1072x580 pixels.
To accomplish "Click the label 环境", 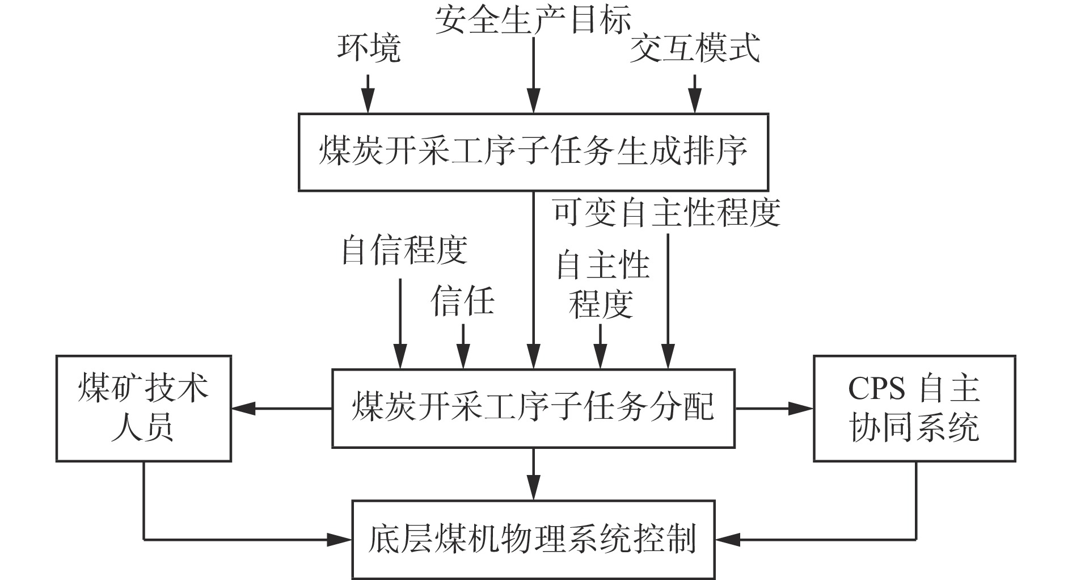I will tap(369, 48).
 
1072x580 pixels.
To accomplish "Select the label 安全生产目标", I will tap(533, 22).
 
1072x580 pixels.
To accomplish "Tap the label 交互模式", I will tap(695, 48).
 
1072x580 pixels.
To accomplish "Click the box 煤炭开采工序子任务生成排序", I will tap(533, 152).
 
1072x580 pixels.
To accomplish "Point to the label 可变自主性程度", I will tap(667, 212).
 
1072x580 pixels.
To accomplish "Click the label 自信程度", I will tap(404, 250).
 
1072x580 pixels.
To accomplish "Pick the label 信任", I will tap(462, 300).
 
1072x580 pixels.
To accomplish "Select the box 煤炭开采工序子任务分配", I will tap(533, 408).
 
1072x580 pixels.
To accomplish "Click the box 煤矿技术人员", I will tap(144, 408).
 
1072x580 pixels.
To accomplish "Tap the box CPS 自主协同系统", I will tap(914, 408).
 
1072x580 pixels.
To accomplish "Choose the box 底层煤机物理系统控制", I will tap(533, 539).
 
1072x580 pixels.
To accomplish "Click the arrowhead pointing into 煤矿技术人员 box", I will tap(241, 408).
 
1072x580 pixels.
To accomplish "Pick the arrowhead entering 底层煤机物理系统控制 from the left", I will tap(343, 539).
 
